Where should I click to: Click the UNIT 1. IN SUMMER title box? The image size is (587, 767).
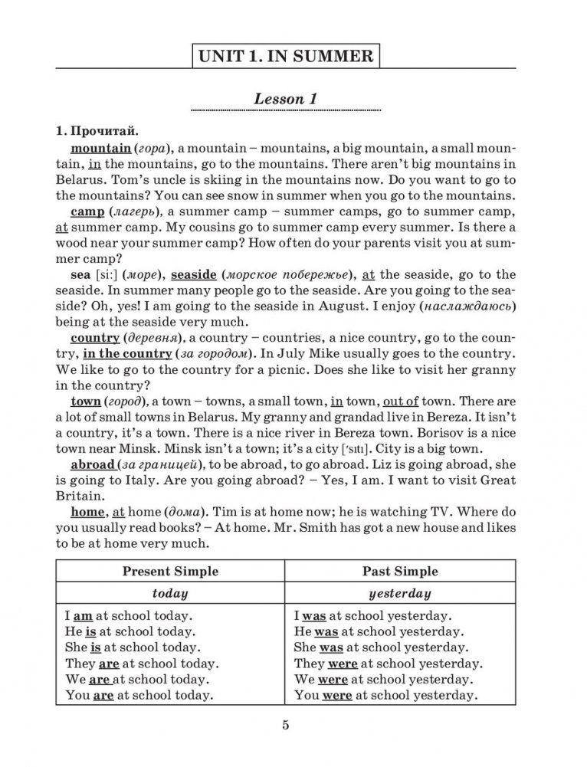pyautogui.click(x=285, y=56)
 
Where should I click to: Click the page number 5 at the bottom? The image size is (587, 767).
pyautogui.click(x=284, y=726)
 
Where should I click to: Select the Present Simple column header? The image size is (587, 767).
pyautogui.click(x=170, y=571)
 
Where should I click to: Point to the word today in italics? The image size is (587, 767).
pyautogui.click(x=170, y=593)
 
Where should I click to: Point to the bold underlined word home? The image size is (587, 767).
pyautogui.click(x=86, y=513)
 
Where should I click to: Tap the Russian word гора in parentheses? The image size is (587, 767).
pyautogui.click(x=156, y=147)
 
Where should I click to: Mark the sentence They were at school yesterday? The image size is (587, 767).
pyautogui.click(x=388, y=664)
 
